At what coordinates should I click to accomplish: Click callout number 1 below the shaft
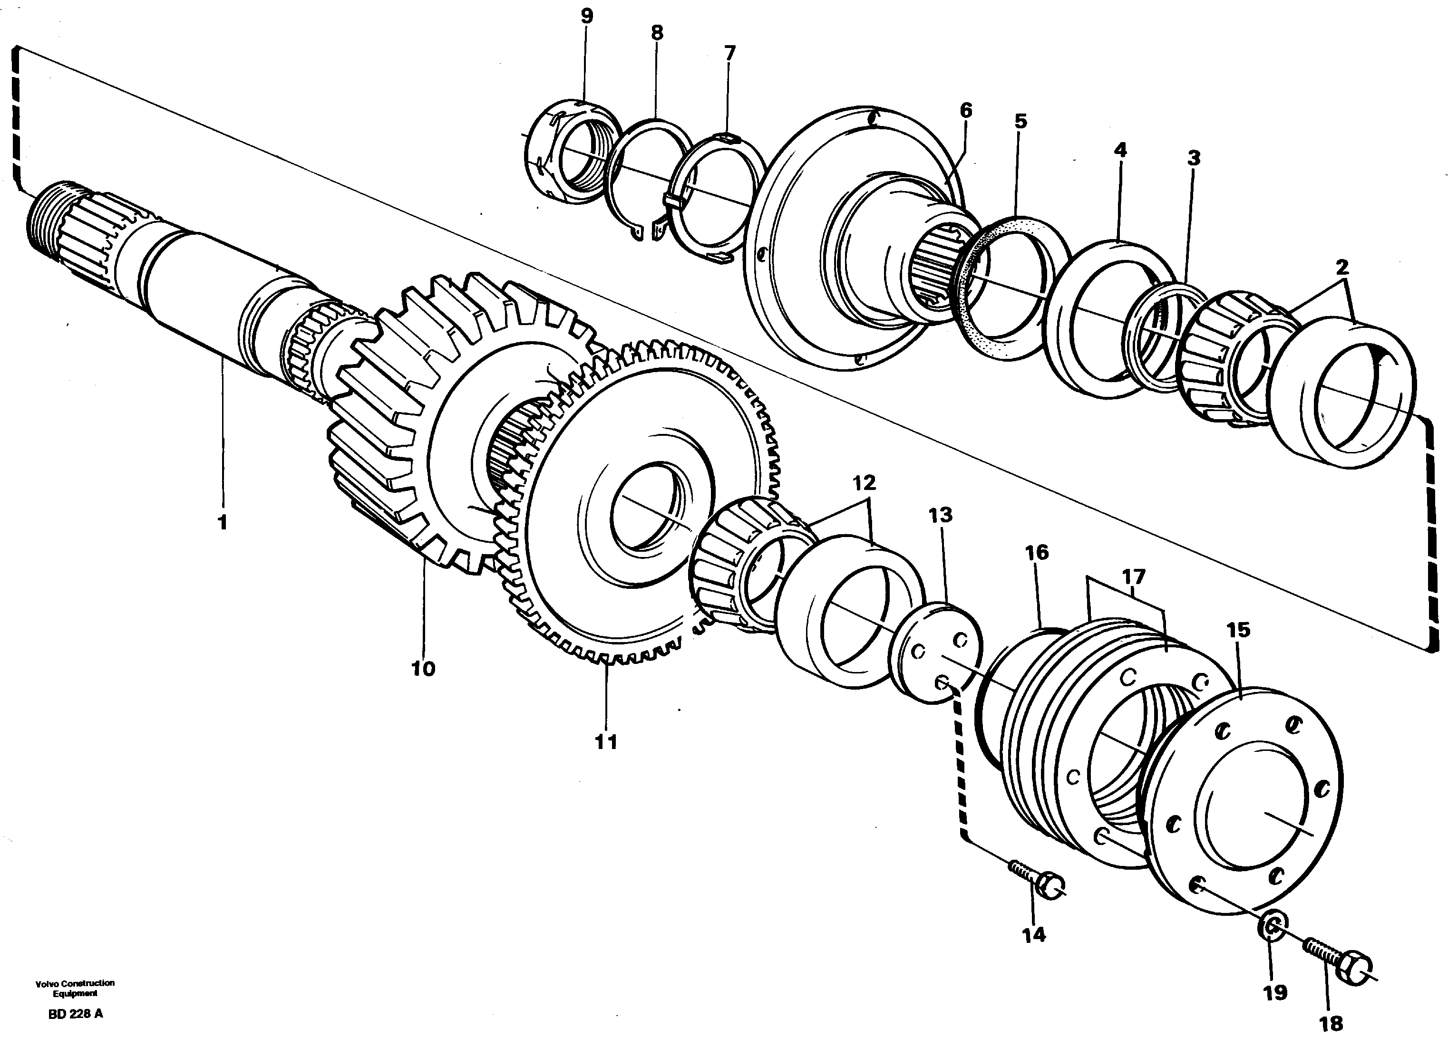tap(222, 523)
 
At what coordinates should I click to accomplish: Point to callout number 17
tap(1133, 577)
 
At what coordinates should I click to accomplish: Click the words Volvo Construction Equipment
tap(75, 988)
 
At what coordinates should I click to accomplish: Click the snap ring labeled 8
tap(649, 179)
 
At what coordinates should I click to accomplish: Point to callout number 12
tap(864, 483)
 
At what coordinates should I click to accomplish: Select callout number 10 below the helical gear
tap(423, 669)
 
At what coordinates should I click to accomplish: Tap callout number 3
tap(1193, 158)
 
